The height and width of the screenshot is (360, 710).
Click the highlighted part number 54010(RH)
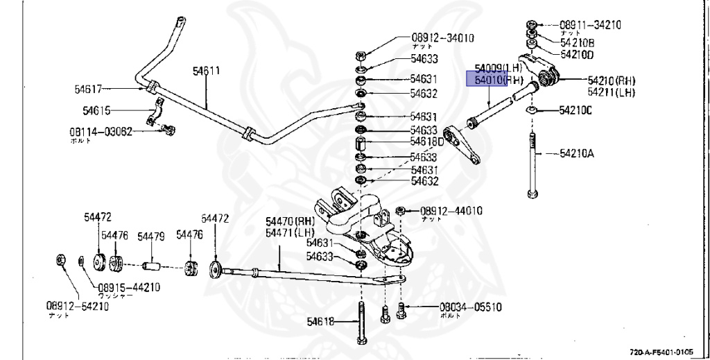pos(497,80)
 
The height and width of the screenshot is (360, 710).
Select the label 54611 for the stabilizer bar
pos(206,71)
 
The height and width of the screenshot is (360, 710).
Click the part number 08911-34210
pos(590,25)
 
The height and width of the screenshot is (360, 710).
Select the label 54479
pos(150,237)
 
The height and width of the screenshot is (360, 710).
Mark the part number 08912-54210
pos(78,306)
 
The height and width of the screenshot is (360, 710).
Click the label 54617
pos(88,89)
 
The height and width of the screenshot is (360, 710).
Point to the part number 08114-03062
pos(100,131)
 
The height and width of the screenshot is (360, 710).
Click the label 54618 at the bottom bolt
pos(321,320)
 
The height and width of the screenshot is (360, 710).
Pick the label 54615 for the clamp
pos(96,110)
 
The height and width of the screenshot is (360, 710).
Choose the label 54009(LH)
pos(497,69)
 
